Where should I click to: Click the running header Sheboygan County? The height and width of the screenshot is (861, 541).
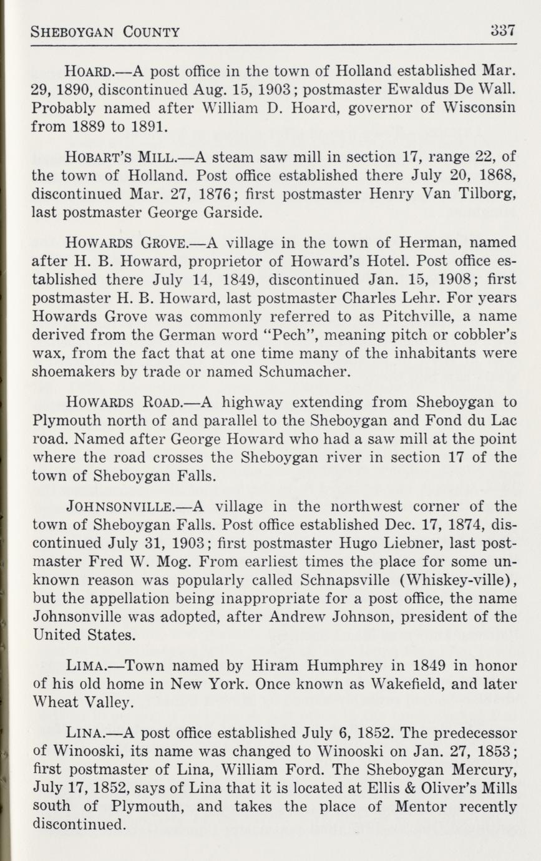(105, 32)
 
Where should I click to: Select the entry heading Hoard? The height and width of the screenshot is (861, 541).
(87, 69)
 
